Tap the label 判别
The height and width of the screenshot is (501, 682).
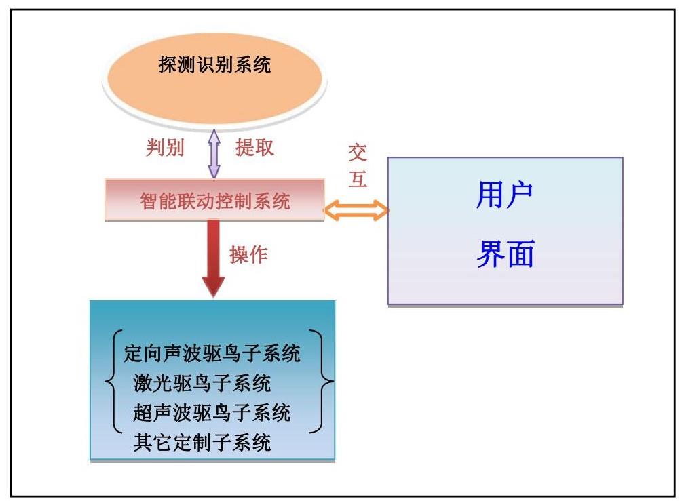point(165,148)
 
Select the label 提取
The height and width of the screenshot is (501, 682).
point(254,148)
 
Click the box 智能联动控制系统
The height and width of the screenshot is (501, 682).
point(214,201)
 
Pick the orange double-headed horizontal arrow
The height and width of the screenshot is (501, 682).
point(356,210)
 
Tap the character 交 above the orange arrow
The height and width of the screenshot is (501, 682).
point(358,153)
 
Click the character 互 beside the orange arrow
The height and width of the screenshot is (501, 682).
point(358,178)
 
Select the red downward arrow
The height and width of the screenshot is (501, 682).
point(213,258)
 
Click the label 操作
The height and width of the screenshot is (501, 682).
point(248,255)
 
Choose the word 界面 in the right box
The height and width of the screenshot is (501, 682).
point(504,255)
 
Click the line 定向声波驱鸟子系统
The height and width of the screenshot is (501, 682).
point(212,353)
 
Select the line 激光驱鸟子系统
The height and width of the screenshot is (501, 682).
point(202,383)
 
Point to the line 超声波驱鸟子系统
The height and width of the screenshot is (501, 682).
point(212,413)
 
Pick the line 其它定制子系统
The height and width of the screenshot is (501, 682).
point(202,443)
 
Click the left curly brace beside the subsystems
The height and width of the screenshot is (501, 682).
point(113,382)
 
